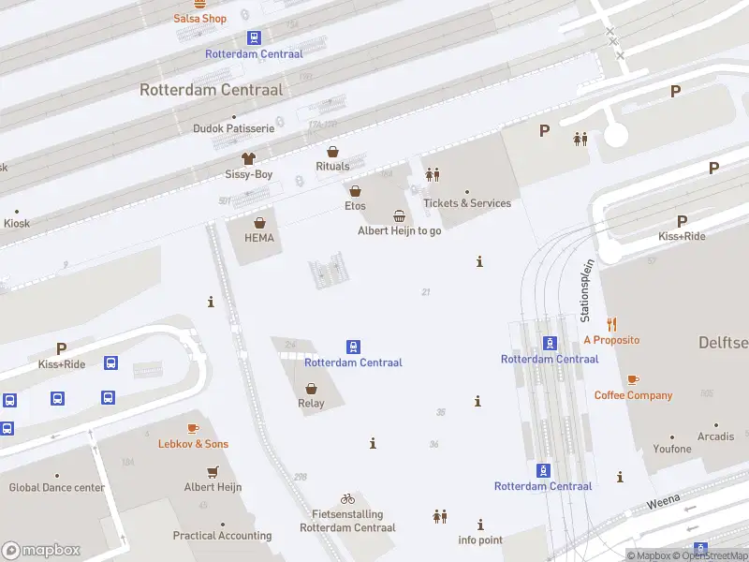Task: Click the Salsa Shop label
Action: coord(200,19)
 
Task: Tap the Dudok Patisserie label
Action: coord(233,128)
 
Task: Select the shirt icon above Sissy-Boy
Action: coord(248,158)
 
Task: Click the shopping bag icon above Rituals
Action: coord(332,151)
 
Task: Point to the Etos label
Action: coord(355,206)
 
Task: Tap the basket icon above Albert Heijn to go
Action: coord(400,216)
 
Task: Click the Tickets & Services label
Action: coord(467,203)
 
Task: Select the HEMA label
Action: coord(259,238)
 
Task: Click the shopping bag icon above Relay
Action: coord(311,388)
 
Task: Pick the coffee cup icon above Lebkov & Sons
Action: coord(193,428)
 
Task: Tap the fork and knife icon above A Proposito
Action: coord(612,324)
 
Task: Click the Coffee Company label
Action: coord(633,395)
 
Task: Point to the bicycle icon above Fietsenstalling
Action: coord(347,499)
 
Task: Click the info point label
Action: coord(480,540)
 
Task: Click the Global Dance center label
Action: coord(57,487)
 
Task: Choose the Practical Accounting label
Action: coord(222,536)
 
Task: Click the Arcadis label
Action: coord(715,436)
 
